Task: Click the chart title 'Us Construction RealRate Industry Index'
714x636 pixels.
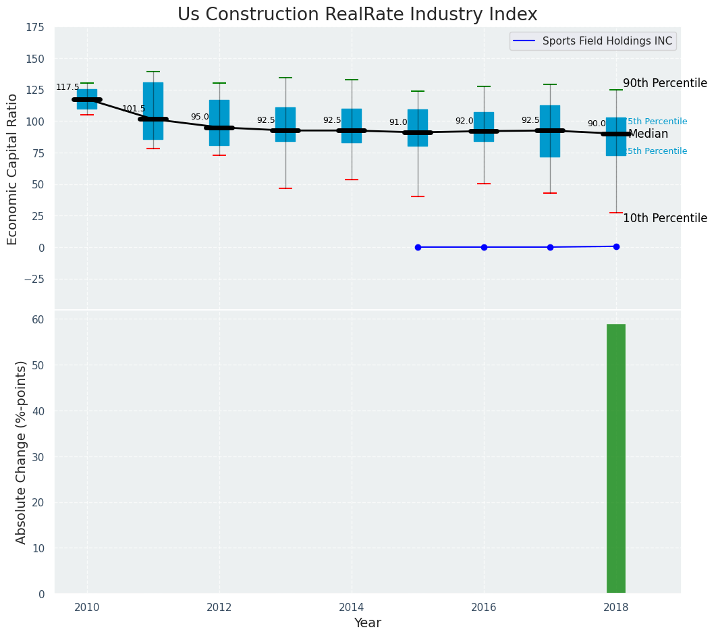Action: [x=357, y=15]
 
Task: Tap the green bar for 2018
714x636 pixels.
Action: [x=615, y=458]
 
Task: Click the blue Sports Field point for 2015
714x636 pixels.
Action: [x=418, y=247]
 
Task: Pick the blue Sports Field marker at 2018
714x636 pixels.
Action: [x=616, y=246]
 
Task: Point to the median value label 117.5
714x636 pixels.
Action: [x=67, y=87]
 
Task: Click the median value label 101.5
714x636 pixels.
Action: [x=134, y=109]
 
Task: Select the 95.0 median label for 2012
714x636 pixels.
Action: [x=200, y=117]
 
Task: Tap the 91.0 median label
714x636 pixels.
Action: [x=398, y=122]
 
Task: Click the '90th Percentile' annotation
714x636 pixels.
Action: [x=665, y=84]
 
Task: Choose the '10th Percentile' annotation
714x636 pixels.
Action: [x=665, y=218]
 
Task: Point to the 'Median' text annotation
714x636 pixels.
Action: [x=648, y=134]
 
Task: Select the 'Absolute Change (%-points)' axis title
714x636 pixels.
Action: [x=21, y=452]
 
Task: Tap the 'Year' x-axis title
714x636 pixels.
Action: [x=368, y=623]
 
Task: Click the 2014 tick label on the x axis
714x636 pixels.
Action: [x=352, y=607]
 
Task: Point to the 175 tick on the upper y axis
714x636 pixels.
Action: [x=35, y=28]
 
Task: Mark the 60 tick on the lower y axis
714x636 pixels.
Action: [x=38, y=319]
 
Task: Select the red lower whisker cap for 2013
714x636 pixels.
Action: [x=285, y=188]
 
